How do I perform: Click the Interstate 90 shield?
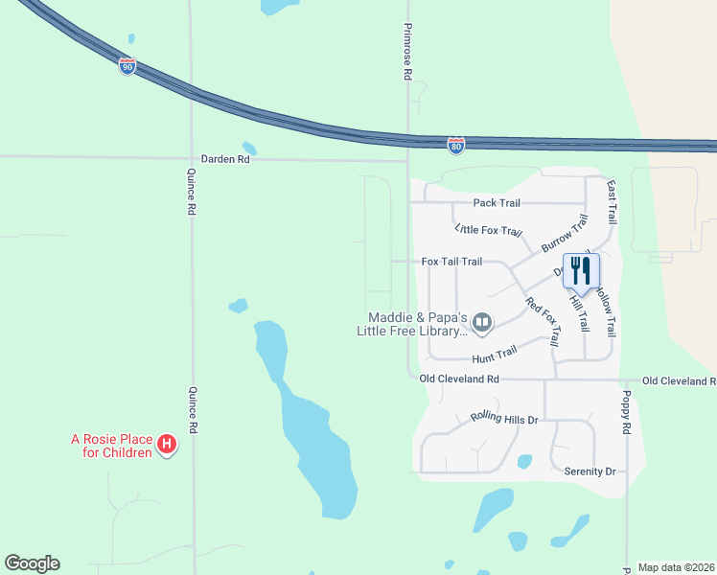tap(127, 66)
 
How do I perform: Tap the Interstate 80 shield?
tap(456, 146)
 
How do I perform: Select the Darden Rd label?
tap(225, 159)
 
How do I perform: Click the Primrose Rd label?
tap(407, 52)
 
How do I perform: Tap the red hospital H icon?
tap(167, 445)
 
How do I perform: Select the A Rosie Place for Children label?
tap(111, 447)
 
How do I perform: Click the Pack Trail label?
tap(497, 203)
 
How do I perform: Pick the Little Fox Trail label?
tap(489, 231)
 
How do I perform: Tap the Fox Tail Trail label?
tap(451, 262)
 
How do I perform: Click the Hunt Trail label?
tap(494, 355)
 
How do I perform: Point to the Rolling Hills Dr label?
tap(504, 419)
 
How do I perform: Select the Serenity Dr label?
tap(589, 471)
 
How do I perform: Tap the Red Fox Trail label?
tap(543, 321)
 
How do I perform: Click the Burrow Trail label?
tap(564, 234)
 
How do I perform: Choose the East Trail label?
tap(611, 204)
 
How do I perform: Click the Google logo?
tap(32, 563)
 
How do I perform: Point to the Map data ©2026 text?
tap(675, 567)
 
